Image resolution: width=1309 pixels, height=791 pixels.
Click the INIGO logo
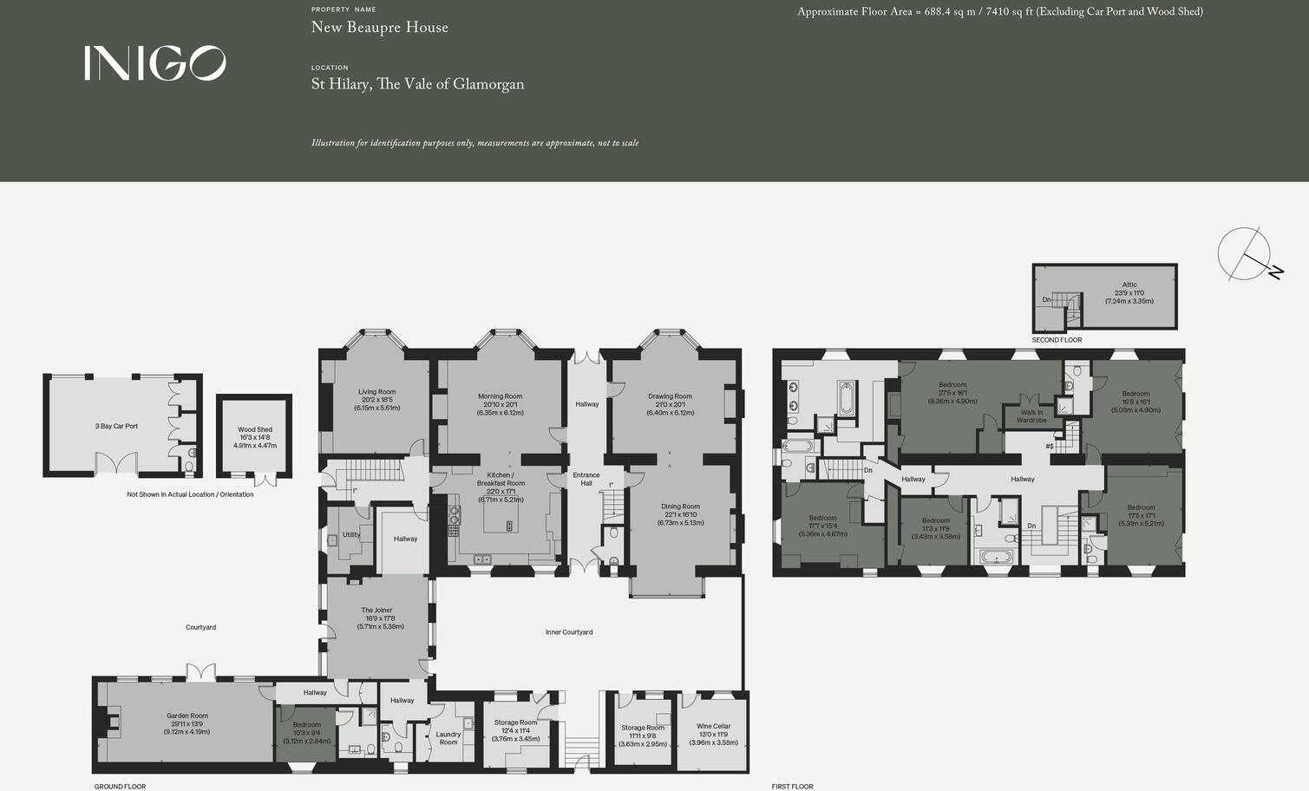coord(154,63)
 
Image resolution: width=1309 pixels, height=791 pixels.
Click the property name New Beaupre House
coord(379,27)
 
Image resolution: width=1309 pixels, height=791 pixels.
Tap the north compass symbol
coord(1249,255)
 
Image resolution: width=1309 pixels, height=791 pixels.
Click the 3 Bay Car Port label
coord(116,426)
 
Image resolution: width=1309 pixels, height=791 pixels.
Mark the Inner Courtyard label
coord(569,632)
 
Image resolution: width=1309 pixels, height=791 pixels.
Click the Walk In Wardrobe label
coord(1031,416)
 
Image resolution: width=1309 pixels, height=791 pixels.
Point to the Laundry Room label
coord(448,738)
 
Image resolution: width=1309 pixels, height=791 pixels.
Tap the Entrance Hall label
coord(586,479)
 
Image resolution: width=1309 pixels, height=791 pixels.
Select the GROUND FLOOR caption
coord(120,786)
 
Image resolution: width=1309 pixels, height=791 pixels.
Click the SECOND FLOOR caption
coord(1057,340)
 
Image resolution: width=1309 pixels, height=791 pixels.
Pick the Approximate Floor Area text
coord(999,12)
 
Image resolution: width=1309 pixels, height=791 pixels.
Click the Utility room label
coord(350,535)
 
